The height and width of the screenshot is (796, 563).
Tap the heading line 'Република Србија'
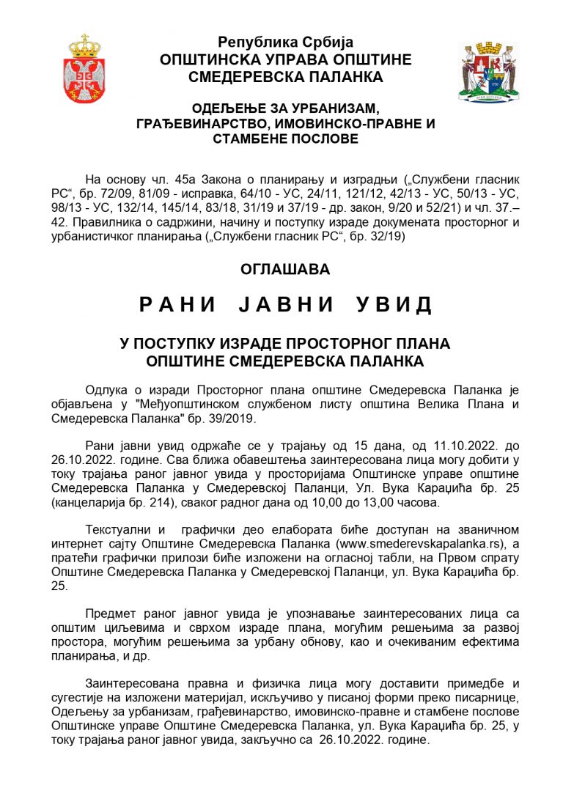point(285,43)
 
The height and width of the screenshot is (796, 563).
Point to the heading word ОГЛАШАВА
point(285,269)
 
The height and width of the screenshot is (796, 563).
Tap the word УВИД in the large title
point(394,305)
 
